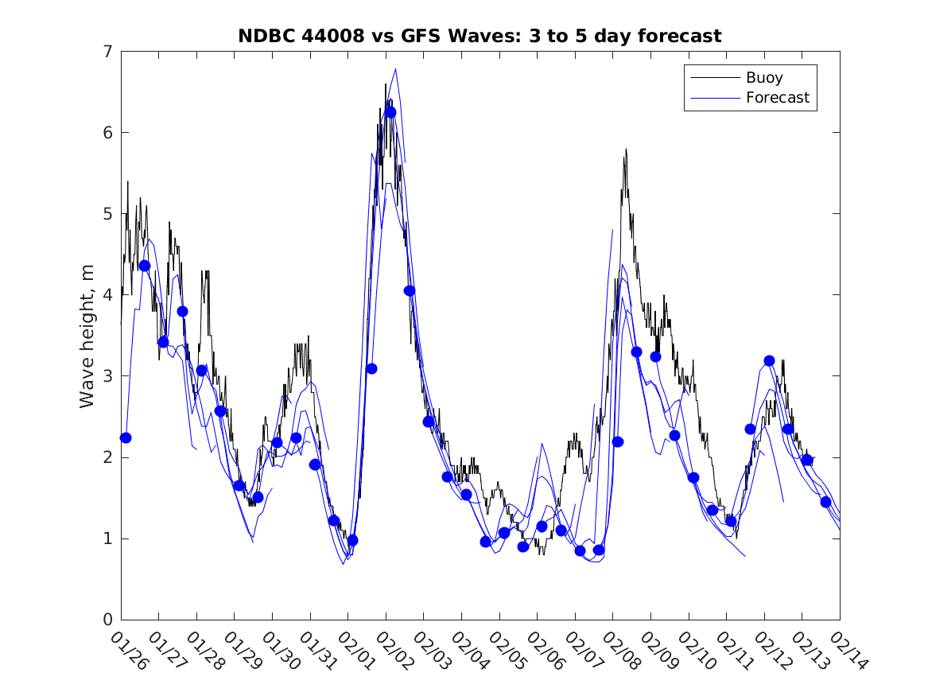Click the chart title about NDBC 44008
[x=480, y=36]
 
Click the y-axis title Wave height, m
[x=87, y=336]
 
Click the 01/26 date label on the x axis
[x=130, y=651]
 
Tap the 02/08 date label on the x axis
[x=621, y=651]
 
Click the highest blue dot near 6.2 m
[x=390, y=112]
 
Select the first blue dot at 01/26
[x=126, y=437]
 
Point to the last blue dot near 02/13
[x=825, y=502]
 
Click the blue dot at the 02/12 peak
[x=769, y=360]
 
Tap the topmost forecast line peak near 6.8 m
[x=395, y=69]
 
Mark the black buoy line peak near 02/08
[x=626, y=149]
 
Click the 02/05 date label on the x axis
[x=507, y=651]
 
